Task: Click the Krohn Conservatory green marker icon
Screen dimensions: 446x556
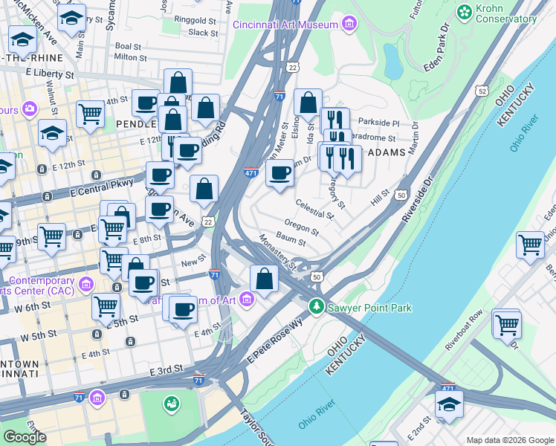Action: (x=465, y=12)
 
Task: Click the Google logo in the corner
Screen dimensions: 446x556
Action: (x=25, y=437)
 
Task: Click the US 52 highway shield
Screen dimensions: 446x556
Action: (x=482, y=91)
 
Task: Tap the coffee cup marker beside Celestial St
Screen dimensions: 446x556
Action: (x=279, y=173)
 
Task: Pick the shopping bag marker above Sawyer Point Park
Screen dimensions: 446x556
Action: (x=264, y=279)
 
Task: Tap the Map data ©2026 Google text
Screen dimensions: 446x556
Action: (x=509, y=440)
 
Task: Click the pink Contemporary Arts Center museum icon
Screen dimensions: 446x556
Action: (x=85, y=284)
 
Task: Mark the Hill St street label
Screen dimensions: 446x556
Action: (x=380, y=198)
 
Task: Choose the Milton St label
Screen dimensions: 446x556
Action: (x=131, y=57)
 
